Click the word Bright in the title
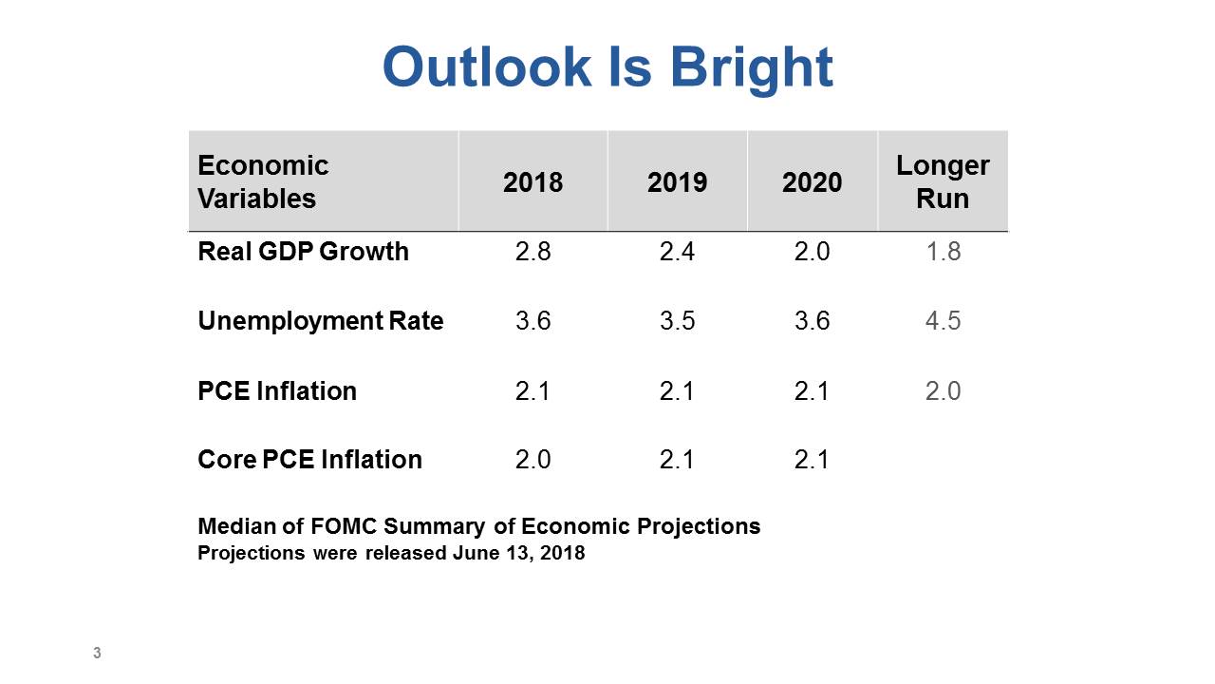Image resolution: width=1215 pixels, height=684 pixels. pos(752,69)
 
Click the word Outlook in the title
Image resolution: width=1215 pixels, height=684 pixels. pos(487,66)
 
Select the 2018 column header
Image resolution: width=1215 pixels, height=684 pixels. pos(533,181)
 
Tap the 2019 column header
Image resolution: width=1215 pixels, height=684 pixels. pos(677,181)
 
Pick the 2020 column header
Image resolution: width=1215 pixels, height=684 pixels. pos(812,181)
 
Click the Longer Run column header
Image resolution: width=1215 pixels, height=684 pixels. pos(943,181)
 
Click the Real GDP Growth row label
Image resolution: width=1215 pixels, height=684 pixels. pos(303,252)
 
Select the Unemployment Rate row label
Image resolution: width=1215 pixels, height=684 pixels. pos(321,321)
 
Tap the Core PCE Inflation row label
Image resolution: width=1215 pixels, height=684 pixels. pos(309,460)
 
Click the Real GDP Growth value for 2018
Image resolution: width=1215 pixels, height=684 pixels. pos(533,252)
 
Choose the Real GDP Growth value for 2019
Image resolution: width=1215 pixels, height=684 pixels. pos(677,252)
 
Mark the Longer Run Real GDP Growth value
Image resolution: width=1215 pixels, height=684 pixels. pos(943,252)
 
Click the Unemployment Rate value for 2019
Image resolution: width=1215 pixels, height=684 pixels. pos(677,321)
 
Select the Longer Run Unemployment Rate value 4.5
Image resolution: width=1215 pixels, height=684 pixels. pos(943,321)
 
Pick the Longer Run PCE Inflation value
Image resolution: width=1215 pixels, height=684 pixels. pos(943,390)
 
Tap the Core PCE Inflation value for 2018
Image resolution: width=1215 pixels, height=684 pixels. pos(533,460)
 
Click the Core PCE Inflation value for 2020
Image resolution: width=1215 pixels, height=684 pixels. pos(812,460)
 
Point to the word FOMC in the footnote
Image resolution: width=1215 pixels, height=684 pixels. pos(344,526)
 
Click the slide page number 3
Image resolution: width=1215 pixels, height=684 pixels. pos(97,653)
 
